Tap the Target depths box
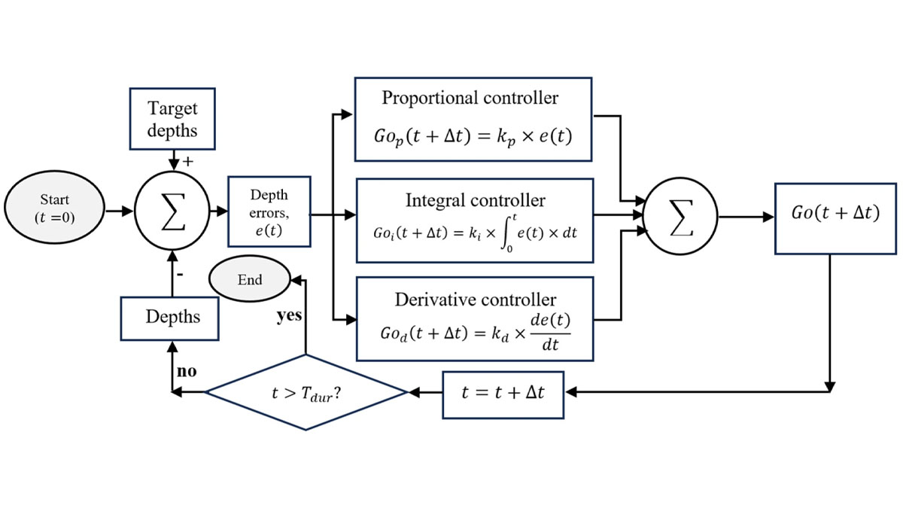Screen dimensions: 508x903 point(172,120)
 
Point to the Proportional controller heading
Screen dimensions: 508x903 point(470,98)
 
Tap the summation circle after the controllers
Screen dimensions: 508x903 point(682,217)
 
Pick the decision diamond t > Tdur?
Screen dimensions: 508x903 point(306,392)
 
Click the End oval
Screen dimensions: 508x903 point(250,280)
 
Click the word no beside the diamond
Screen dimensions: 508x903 point(187,372)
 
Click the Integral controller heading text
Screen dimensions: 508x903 point(475,200)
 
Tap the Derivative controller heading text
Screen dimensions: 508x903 point(476,299)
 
